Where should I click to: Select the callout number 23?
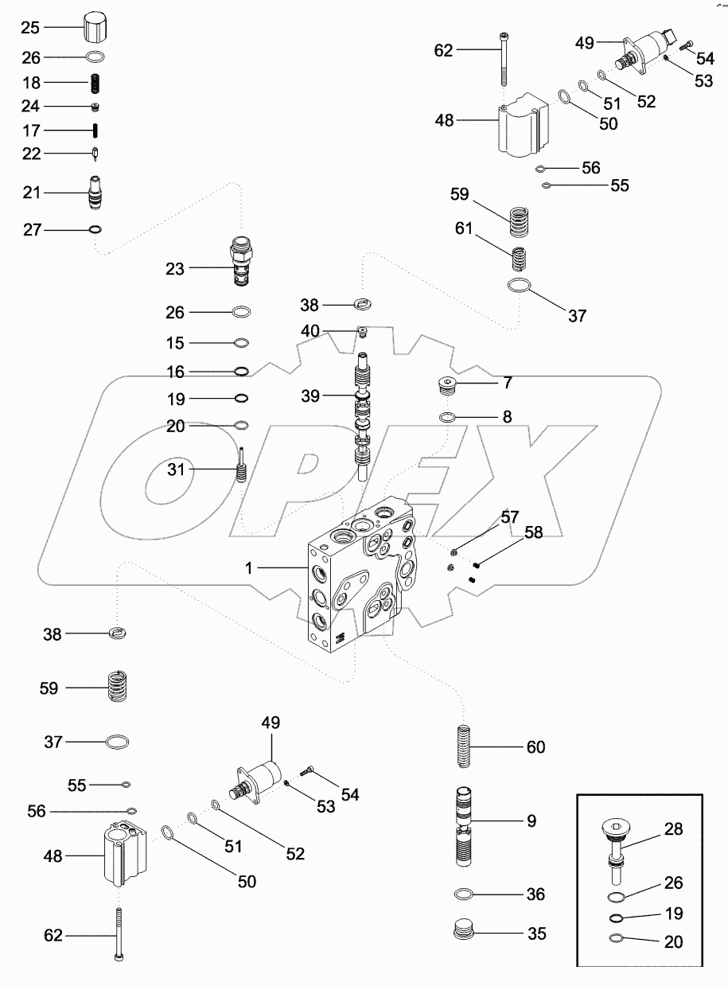point(175,269)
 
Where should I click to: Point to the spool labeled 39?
point(364,418)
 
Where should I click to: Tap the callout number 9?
point(531,820)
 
